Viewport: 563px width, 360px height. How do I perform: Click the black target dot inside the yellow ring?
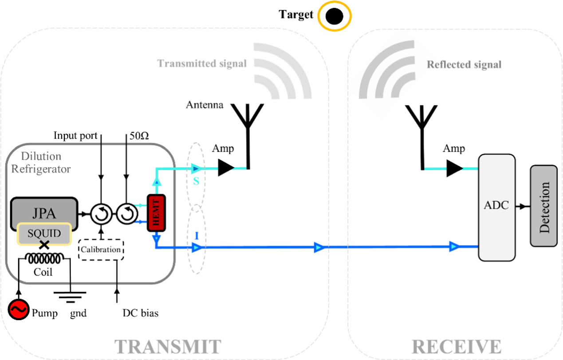334,17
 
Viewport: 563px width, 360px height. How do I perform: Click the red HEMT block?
156,213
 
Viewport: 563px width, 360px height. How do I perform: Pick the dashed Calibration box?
101,250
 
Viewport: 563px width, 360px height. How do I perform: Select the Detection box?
543,207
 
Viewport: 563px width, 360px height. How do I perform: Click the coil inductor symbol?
44,257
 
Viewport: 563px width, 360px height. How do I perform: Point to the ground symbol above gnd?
70,295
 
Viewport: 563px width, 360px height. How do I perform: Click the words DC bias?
140,313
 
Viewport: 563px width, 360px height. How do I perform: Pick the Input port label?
75,136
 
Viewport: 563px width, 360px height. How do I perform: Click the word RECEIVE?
457,346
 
